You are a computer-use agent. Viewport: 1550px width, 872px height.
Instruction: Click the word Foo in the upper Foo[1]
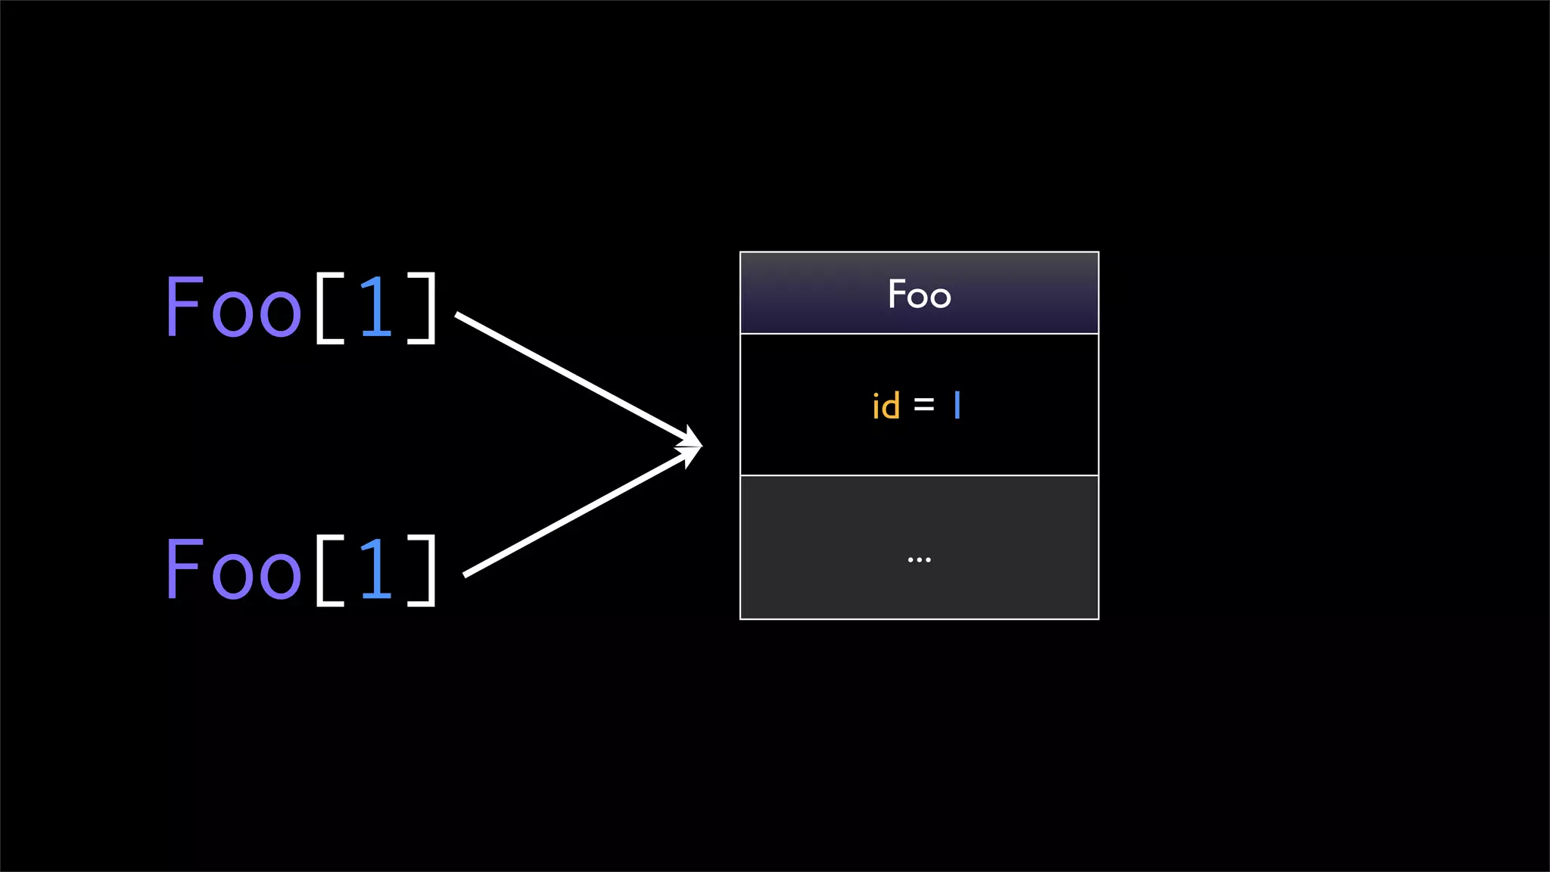point(233,307)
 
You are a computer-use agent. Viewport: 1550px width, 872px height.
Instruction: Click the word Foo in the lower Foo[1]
point(233,569)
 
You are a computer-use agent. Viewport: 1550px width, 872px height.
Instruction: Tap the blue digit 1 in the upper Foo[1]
point(376,307)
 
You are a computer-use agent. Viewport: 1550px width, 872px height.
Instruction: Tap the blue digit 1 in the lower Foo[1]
point(376,569)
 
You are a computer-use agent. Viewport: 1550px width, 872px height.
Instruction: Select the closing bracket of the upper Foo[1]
point(424,308)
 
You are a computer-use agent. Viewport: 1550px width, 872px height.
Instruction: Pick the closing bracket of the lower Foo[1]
point(424,570)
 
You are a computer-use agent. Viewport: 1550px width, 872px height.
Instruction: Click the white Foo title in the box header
point(919,294)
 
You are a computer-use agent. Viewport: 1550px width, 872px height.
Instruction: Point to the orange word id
point(885,406)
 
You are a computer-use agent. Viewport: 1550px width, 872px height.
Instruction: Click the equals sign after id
point(924,406)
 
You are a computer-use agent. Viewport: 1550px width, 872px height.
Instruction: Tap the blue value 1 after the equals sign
point(957,405)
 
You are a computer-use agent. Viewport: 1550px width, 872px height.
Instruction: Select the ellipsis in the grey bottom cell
point(919,560)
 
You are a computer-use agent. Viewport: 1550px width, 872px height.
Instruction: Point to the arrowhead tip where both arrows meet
point(700,446)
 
